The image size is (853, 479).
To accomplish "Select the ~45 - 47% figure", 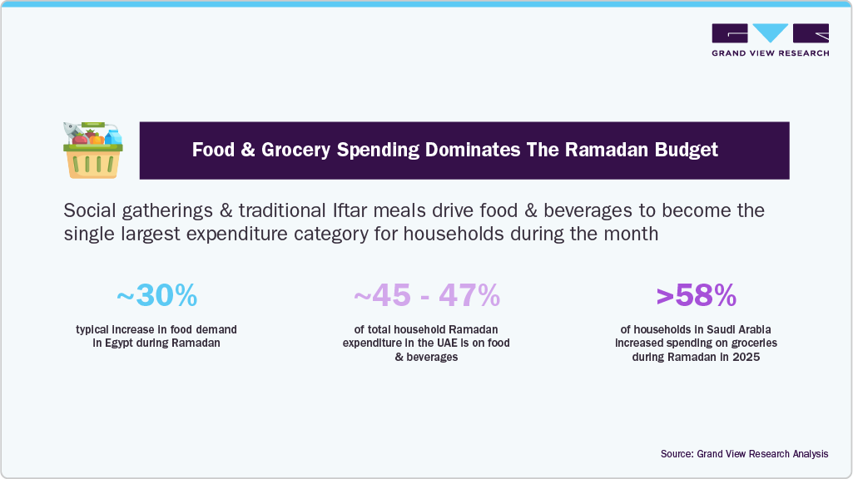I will pyautogui.click(x=426, y=294).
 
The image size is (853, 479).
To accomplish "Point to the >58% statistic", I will pyautogui.click(x=696, y=294).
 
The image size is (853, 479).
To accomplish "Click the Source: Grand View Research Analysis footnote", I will pyautogui.click(x=744, y=454).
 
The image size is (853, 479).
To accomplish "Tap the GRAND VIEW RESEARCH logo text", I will pyautogui.click(x=770, y=53).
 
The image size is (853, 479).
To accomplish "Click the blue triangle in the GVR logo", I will pyautogui.click(x=770, y=33).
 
